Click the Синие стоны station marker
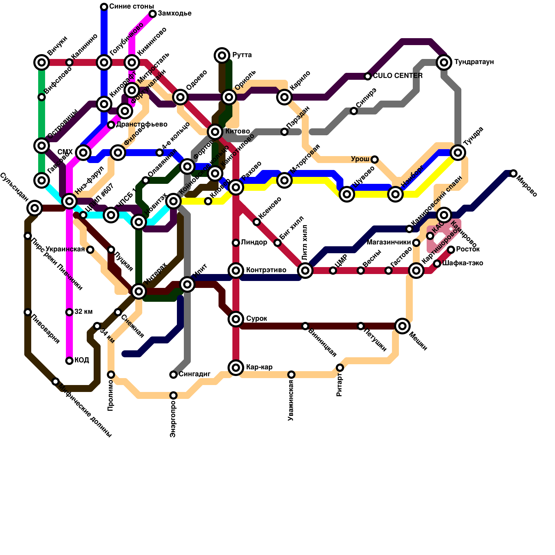(x=104, y=7)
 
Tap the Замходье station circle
(x=153, y=14)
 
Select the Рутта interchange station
(x=222, y=55)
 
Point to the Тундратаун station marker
(x=444, y=62)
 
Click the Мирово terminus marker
(x=513, y=173)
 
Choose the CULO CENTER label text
(x=398, y=76)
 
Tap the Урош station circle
(x=375, y=160)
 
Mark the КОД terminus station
(x=69, y=361)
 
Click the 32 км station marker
(x=69, y=312)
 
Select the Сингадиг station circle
(x=173, y=375)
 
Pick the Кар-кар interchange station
(x=236, y=367)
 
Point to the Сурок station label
(x=256, y=319)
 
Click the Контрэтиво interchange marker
(x=236, y=270)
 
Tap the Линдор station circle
(x=236, y=243)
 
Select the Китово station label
(x=238, y=131)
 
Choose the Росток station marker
(x=451, y=250)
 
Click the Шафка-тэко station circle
(x=437, y=264)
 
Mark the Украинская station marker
(x=90, y=250)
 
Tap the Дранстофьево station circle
(x=111, y=125)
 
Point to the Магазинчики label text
(x=388, y=242)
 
